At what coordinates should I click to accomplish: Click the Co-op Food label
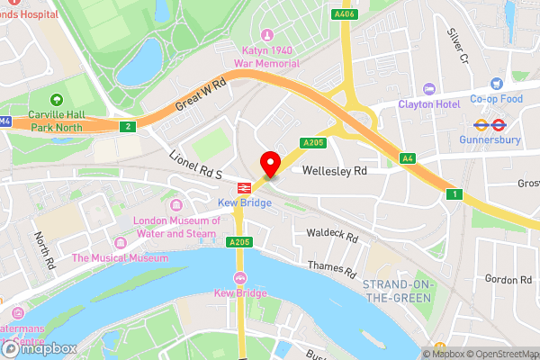[497, 99]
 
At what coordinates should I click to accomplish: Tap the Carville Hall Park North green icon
[56, 99]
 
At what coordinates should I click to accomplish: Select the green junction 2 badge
[129, 127]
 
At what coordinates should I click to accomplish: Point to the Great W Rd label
[200, 94]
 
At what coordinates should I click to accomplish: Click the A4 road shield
[408, 159]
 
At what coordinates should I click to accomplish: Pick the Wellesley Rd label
[335, 170]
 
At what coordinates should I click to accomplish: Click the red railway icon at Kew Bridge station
[242, 188]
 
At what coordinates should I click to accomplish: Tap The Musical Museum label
[120, 258]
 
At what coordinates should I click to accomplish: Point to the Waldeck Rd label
[333, 238]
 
